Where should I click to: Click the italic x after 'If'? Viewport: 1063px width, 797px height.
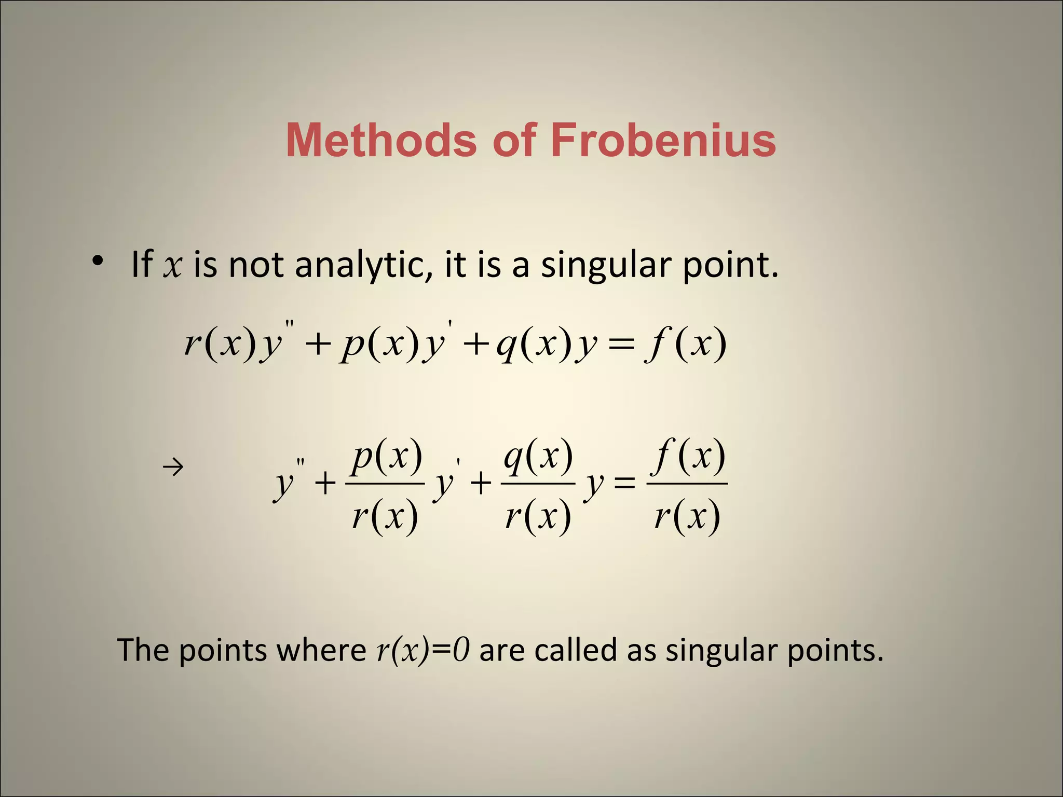[x=173, y=266]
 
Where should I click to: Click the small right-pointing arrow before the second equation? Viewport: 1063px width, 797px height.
[x=173, y=468]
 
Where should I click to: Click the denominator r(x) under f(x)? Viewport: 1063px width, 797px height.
[x=687, y=516]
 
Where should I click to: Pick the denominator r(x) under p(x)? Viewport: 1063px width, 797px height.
[x=385, y=516]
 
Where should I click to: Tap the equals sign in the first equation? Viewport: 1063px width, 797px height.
[x=621, y=345]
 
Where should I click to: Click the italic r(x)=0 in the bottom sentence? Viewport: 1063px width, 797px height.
[x=423, y=650]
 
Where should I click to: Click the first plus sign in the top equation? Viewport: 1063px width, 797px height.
[x=318, y=345]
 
